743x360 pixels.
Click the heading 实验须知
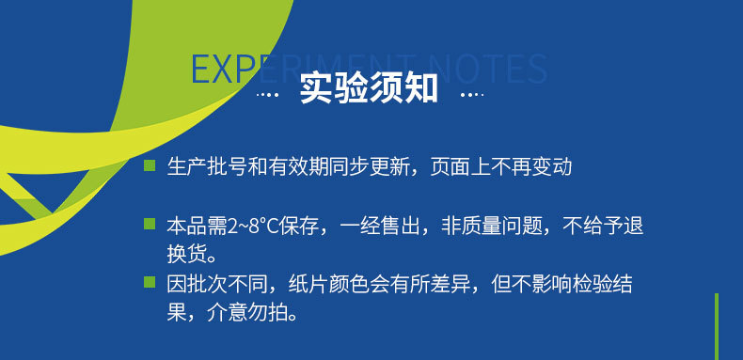[369, 89]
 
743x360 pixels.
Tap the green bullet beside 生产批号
[149, 166]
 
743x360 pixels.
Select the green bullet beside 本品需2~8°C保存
[149, 224]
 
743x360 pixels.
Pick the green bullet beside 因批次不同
[149, 281]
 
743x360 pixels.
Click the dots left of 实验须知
[268, 95]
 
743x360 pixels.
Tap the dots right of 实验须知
[470, 95]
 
